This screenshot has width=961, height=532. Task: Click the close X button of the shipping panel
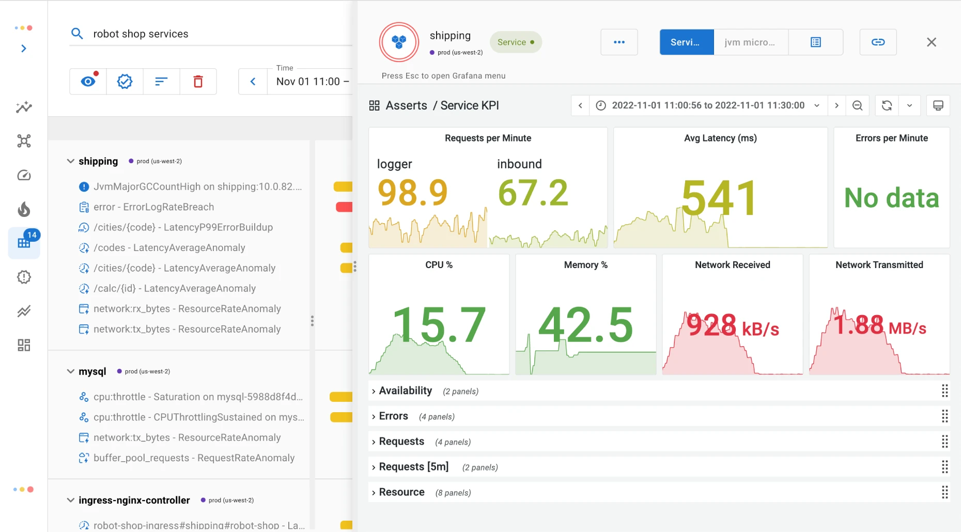(931, 42)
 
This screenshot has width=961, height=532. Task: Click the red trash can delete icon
(198, 82)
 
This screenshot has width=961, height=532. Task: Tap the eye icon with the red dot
(88, 81)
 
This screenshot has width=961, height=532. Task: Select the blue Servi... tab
(687, 42)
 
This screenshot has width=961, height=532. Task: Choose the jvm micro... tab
(751, 42)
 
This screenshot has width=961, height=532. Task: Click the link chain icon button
(878, 42)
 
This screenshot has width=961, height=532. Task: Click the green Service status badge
(516, 42)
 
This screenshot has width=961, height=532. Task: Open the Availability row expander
(374, 392)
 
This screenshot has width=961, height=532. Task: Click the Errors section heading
(394, 416)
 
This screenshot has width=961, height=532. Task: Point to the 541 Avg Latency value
(719, 198)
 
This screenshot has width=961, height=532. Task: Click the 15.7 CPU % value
(439, 324)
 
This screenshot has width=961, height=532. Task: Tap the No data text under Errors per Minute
(891, 198)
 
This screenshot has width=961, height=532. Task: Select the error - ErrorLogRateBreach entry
(153, 207)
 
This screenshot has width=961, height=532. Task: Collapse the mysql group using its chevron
(71, 371)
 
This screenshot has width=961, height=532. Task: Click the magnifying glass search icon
(77, 34)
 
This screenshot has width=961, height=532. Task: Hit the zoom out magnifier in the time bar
(857, 105)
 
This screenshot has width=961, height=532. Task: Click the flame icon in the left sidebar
(24, 209)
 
